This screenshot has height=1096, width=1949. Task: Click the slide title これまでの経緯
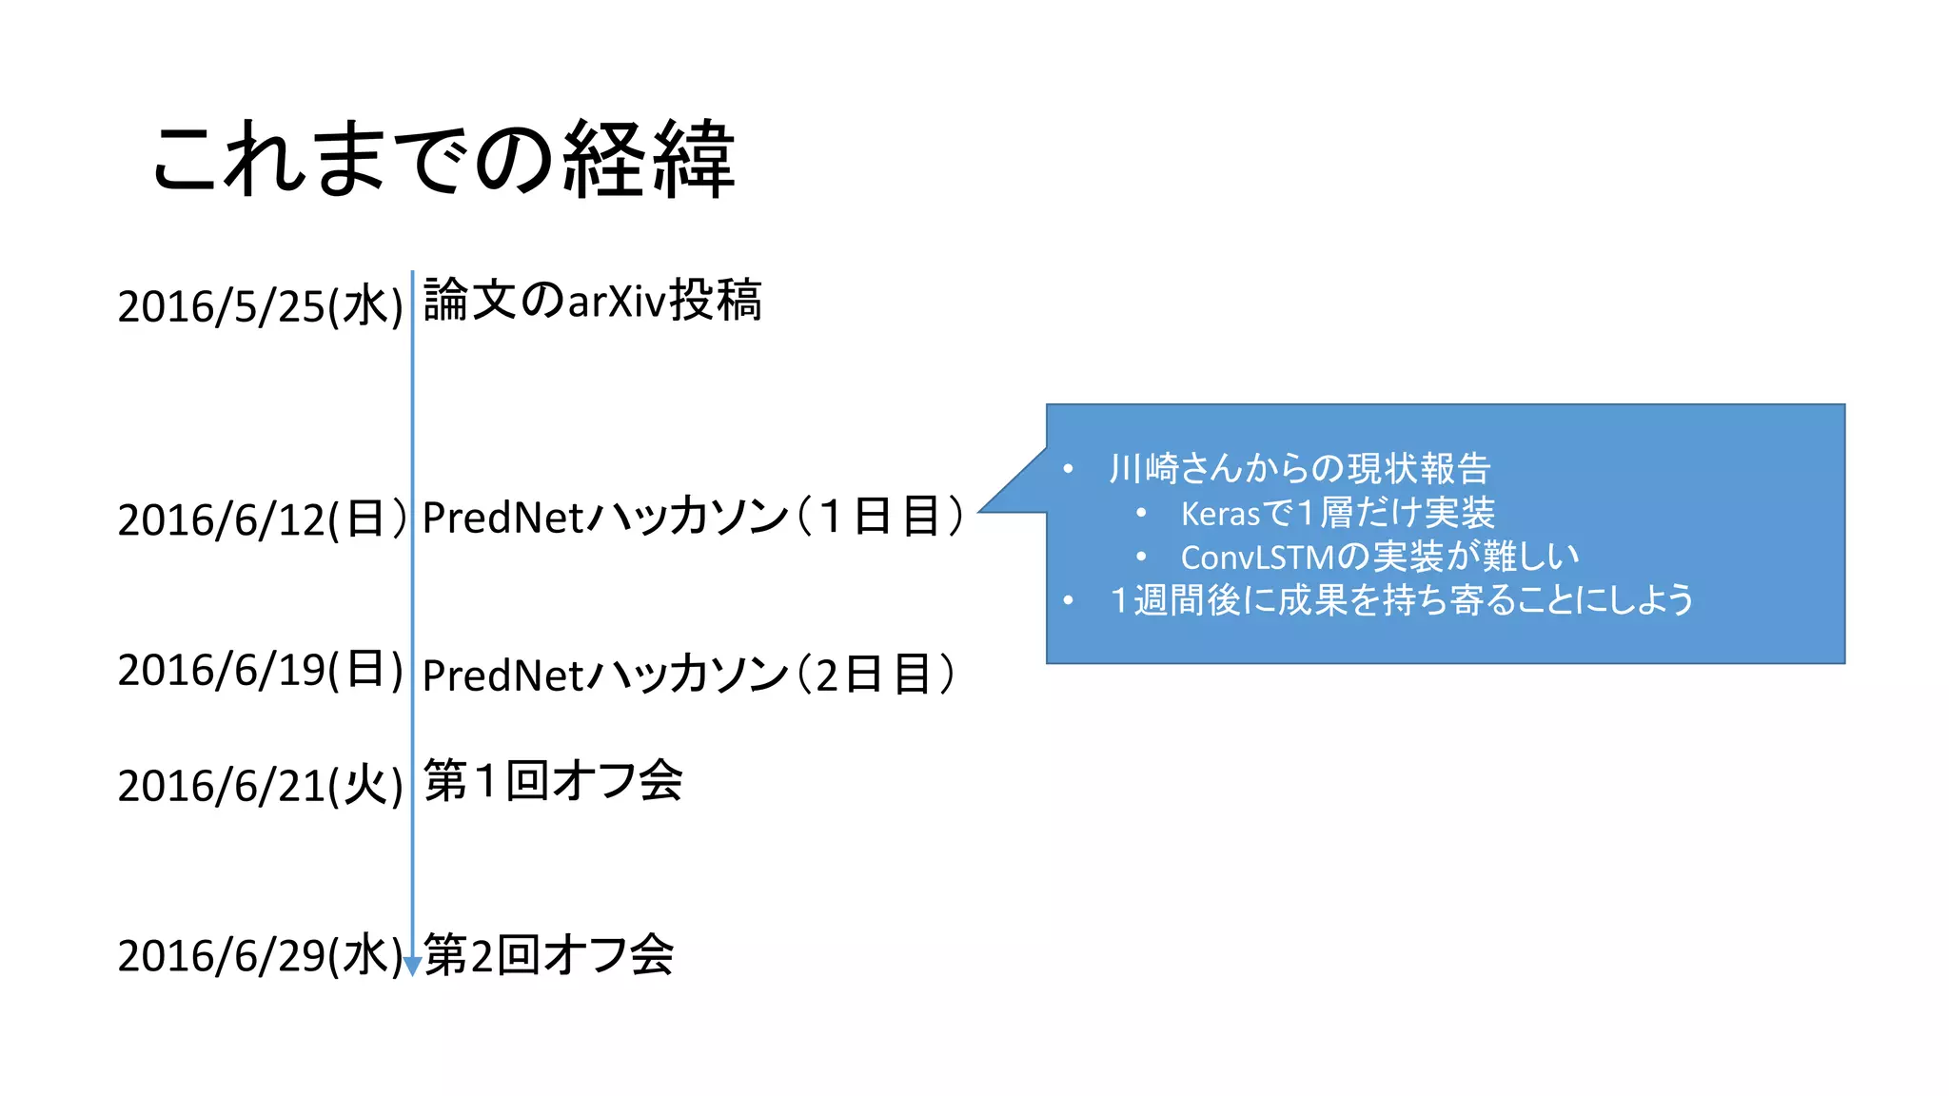pos(443,159)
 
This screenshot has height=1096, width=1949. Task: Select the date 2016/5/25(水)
pos(261,306)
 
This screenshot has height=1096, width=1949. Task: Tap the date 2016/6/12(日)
pos(261,519)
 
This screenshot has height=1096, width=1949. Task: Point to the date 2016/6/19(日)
pos(261,670)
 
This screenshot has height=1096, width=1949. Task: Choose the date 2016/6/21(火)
pos(261,786)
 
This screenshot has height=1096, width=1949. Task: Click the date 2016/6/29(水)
pos(259,955)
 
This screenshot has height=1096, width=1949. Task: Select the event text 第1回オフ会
pos(553,781)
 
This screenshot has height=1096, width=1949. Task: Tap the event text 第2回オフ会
pos(549,954)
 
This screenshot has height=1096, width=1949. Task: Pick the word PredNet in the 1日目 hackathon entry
pos(502,519)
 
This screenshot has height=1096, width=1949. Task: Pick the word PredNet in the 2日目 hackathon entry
pos(502,675)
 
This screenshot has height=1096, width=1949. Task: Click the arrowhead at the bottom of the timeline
pos(412,967)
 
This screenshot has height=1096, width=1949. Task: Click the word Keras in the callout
pos(1220,515)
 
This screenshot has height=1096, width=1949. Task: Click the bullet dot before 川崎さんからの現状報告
pos(1069,469)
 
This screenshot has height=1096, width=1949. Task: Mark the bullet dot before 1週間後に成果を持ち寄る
pos(1069,600)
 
